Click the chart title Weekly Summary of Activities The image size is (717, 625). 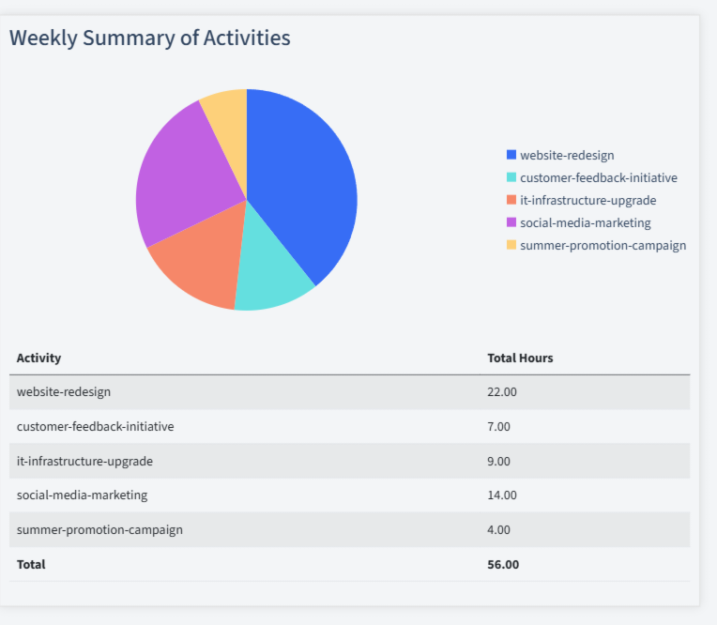(x=149, y=38)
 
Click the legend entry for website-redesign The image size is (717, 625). (x=567, y=155)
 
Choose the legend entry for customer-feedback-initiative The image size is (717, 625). (x=598, y=177)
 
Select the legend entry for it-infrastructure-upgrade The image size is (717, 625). (x=587, y=200)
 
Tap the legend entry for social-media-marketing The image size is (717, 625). (x=585, y=222)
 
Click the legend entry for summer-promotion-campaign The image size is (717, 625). (x=603, y=245)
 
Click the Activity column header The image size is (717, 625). (x=38, y=358)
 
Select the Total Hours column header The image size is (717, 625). (x=520, y=358)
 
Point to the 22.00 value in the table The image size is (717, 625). (x=502, y=391)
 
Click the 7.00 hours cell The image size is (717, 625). (x=498, y=426)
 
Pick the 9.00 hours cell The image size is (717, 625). (x=498, y=461)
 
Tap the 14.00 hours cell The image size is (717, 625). (x=502, y=495)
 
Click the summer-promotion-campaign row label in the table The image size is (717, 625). (x=99, y=529)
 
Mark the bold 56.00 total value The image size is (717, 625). (x=503, y=564)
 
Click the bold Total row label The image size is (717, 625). (x=31, y=564)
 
